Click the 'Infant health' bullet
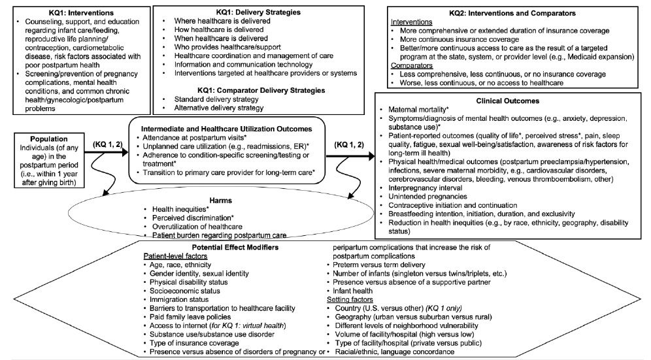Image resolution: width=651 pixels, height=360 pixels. point(355,290)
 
